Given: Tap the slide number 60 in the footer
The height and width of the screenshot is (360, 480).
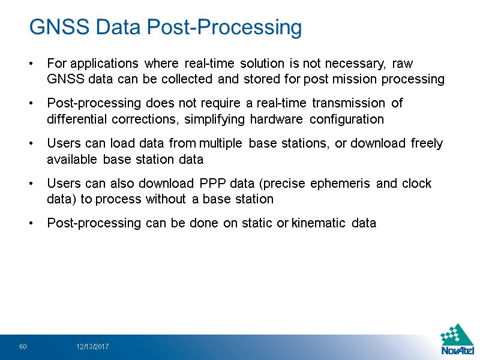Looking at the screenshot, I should (x=23, y=347).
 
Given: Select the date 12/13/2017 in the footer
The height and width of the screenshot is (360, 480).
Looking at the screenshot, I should (x=92, y=347).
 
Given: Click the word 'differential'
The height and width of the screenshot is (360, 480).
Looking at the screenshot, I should (x=76, y=119).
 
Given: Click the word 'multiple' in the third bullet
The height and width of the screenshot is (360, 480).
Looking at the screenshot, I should (x=223, y=143).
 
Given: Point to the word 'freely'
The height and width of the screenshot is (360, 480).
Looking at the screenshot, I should (x=428, y=143).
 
